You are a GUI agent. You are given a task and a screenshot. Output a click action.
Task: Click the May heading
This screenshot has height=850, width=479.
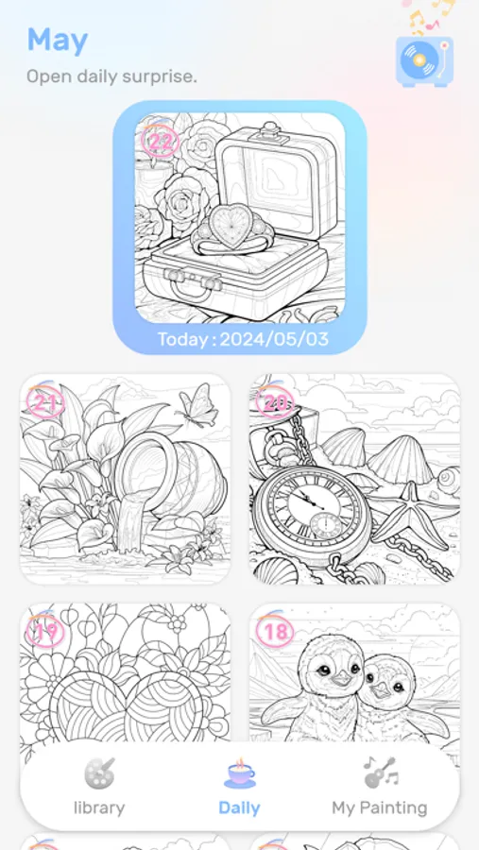[58, 41]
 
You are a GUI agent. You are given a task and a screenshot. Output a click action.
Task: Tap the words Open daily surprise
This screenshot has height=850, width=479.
[111, 76]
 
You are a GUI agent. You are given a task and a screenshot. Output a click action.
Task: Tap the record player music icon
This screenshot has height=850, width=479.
[424, 60]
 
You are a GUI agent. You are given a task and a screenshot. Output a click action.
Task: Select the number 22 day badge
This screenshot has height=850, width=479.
[160, 142]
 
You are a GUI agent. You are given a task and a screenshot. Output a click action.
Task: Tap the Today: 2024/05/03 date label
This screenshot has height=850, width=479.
[243, 339]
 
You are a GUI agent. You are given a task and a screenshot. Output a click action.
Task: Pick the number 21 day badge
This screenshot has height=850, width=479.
[45, 403]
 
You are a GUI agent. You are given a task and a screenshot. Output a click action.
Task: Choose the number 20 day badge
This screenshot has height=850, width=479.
[275, 402]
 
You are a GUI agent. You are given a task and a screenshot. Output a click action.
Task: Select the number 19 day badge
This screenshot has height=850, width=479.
[45, 632]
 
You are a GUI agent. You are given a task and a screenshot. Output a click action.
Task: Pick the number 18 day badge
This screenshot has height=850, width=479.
[275, 632]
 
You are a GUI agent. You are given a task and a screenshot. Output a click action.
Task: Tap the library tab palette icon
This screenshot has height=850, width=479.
[99, 773]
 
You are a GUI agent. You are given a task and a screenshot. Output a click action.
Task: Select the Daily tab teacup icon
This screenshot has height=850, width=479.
[239, 773]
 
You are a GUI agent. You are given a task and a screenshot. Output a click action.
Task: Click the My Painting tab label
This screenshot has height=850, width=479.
[379, 807]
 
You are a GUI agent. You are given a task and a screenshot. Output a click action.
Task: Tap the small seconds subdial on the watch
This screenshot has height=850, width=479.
[326, 525]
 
